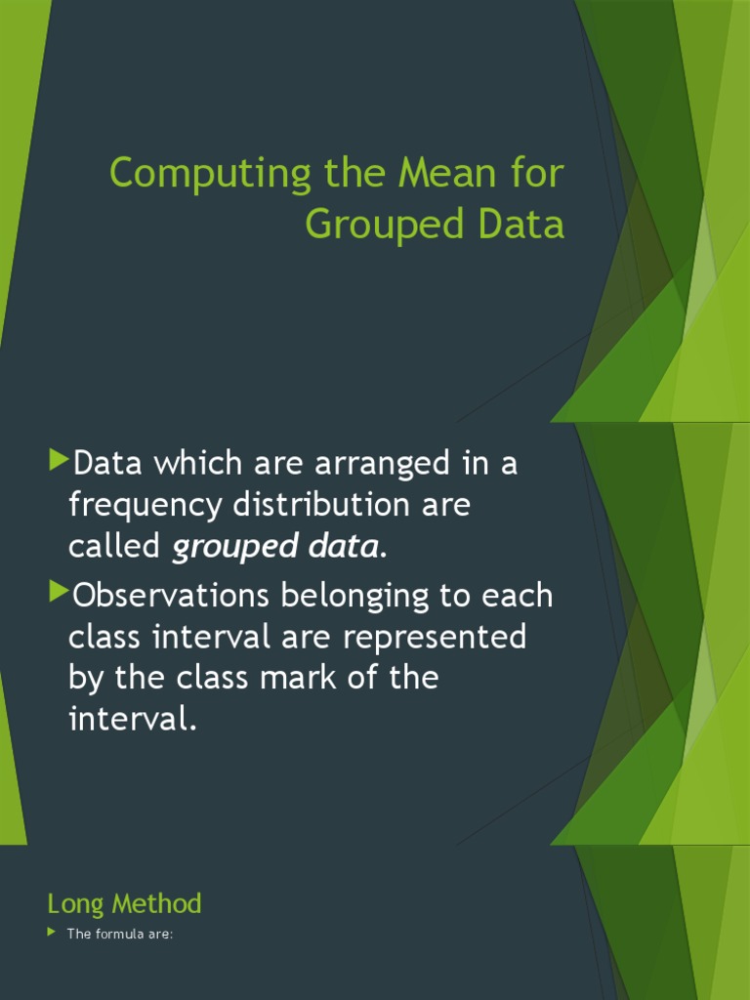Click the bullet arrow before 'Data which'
click(x=59, y=458)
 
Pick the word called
click(x=113, y=548)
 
